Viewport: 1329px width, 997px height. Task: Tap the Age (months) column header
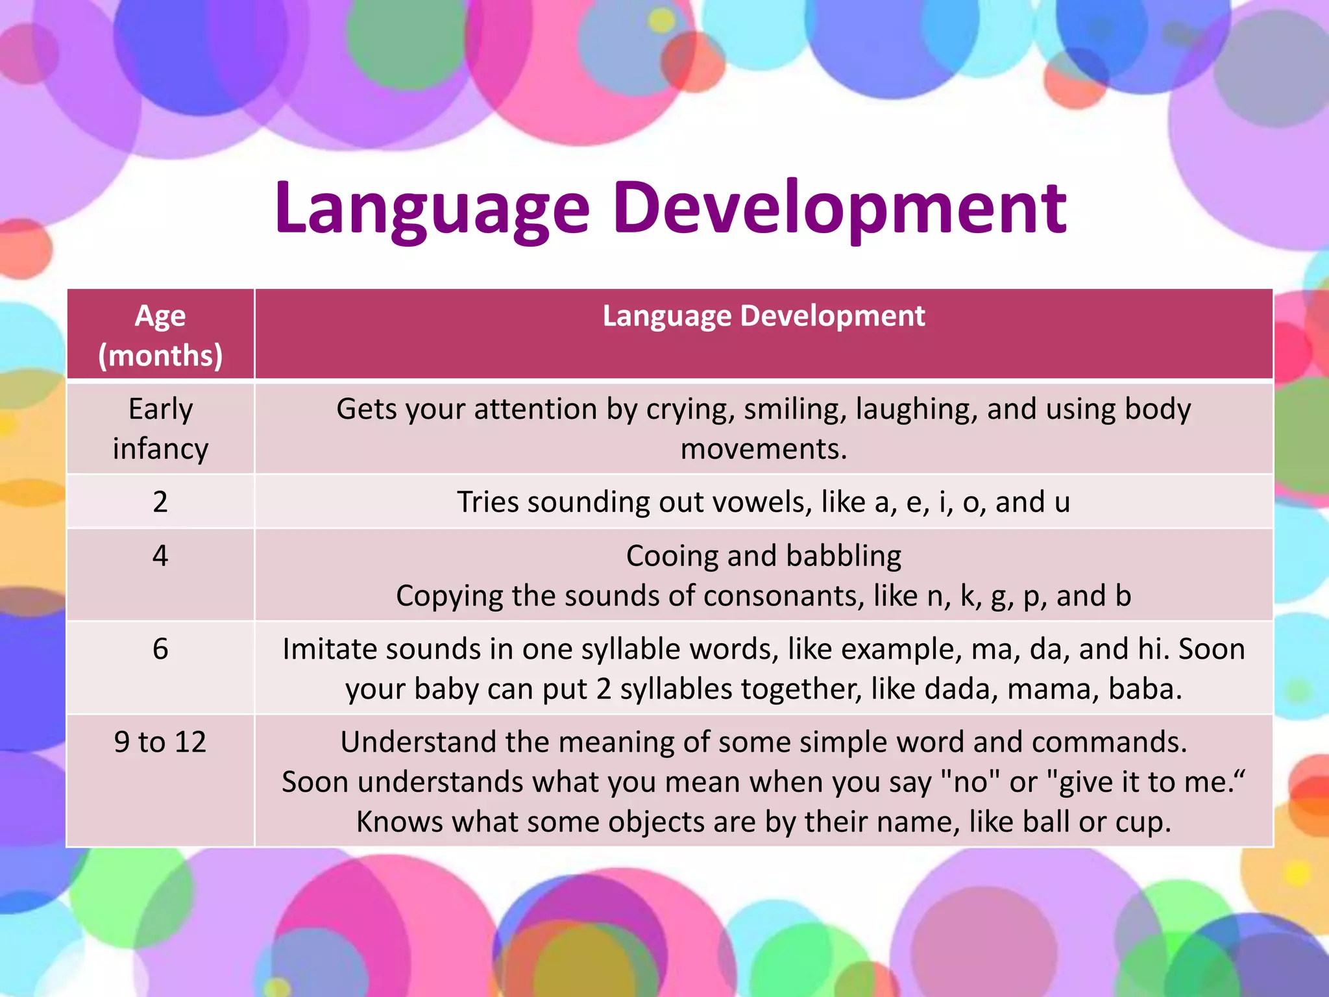click(160, 335)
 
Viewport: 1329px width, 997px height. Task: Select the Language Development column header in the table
click(763, 316)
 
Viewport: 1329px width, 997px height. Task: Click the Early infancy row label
click(160, 428)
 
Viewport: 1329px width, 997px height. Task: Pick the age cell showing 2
click(160, 502)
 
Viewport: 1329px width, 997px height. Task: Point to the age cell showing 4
click(160, 556)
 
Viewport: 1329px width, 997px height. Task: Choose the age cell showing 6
click(160, 649)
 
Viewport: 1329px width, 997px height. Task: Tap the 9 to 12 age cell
click(160, 742)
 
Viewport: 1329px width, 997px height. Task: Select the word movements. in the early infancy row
click(763, 449)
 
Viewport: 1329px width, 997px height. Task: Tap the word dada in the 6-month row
click(960, 689)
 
